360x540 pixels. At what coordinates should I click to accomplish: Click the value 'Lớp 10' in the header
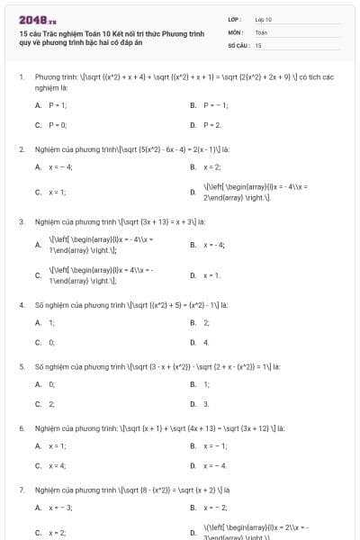[263, 18]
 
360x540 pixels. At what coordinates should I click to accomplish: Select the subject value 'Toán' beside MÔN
[261, 31]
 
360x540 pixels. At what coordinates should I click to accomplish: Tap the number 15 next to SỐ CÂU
[258, 44]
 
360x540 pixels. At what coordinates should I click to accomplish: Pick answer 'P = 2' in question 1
[211, 124]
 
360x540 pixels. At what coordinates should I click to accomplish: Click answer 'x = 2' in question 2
[212, 166]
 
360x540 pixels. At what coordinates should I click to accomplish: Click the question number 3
[22, 220]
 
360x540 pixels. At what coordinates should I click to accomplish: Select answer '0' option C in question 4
[51, 342]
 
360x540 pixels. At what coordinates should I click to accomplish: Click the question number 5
[22, 366]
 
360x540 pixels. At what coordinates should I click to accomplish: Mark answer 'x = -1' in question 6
[214, 445]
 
